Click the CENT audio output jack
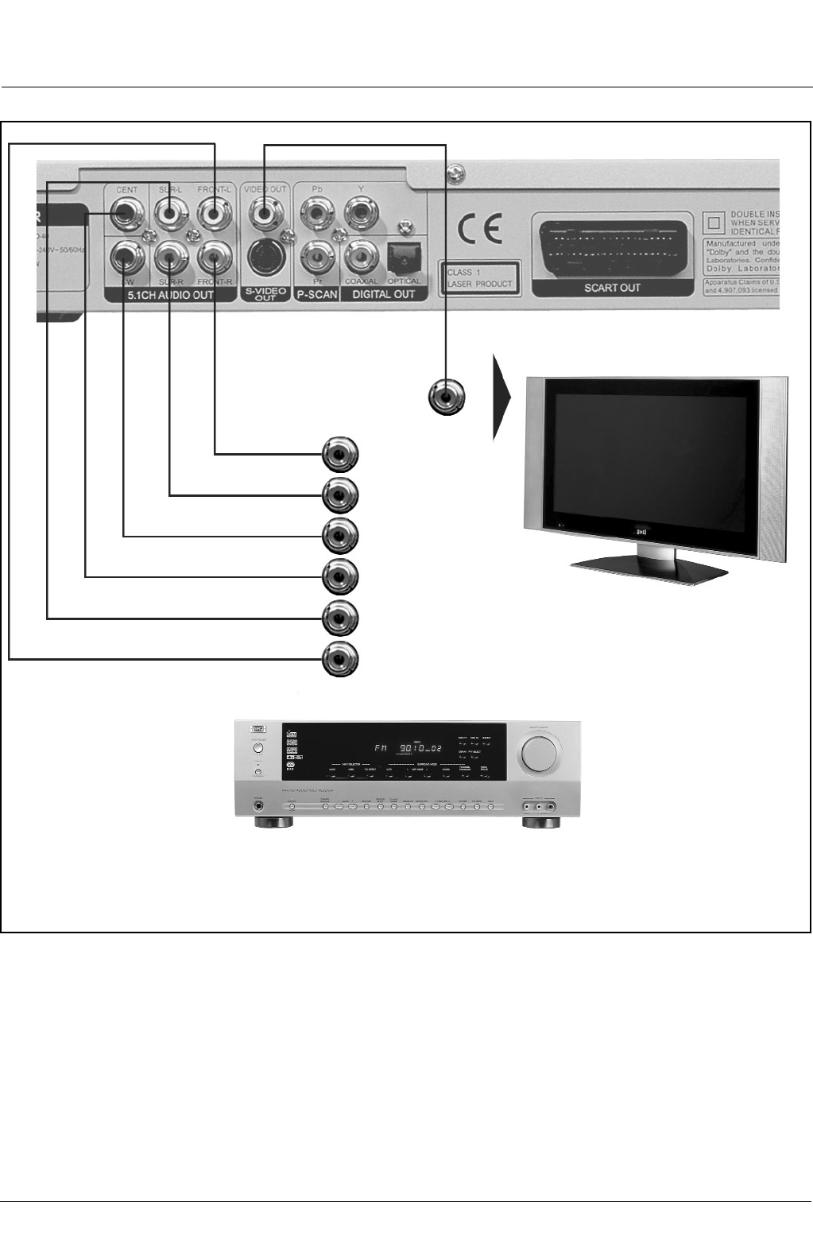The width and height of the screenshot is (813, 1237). click(x=126, y=213)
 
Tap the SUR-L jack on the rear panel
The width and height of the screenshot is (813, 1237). click(x=170, y=213)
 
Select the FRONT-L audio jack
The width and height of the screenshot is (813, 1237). click(x=214, y=213)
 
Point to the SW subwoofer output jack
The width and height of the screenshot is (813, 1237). click(x=126, y=256)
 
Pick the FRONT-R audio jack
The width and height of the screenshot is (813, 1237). click(x=214, y=256)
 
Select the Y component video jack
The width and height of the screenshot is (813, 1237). click(x=360, y=213)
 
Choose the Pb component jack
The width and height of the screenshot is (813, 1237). click(x=317, y=213)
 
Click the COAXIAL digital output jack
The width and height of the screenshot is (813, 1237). click(x=360, y=256)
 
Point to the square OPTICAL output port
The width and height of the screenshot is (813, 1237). click(x=404, y=256)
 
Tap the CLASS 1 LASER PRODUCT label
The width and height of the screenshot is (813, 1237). click(x=479, y=277)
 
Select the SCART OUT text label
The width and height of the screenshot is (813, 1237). click(x=612, y=288)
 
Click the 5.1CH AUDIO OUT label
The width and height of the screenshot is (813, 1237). click(x=171, y=295)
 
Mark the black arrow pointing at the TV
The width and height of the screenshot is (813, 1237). click(x=501, y=397)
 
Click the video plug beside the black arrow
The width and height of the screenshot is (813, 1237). click(x=447, y=397)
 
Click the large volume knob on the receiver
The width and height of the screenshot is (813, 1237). click(x=539, y=752)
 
